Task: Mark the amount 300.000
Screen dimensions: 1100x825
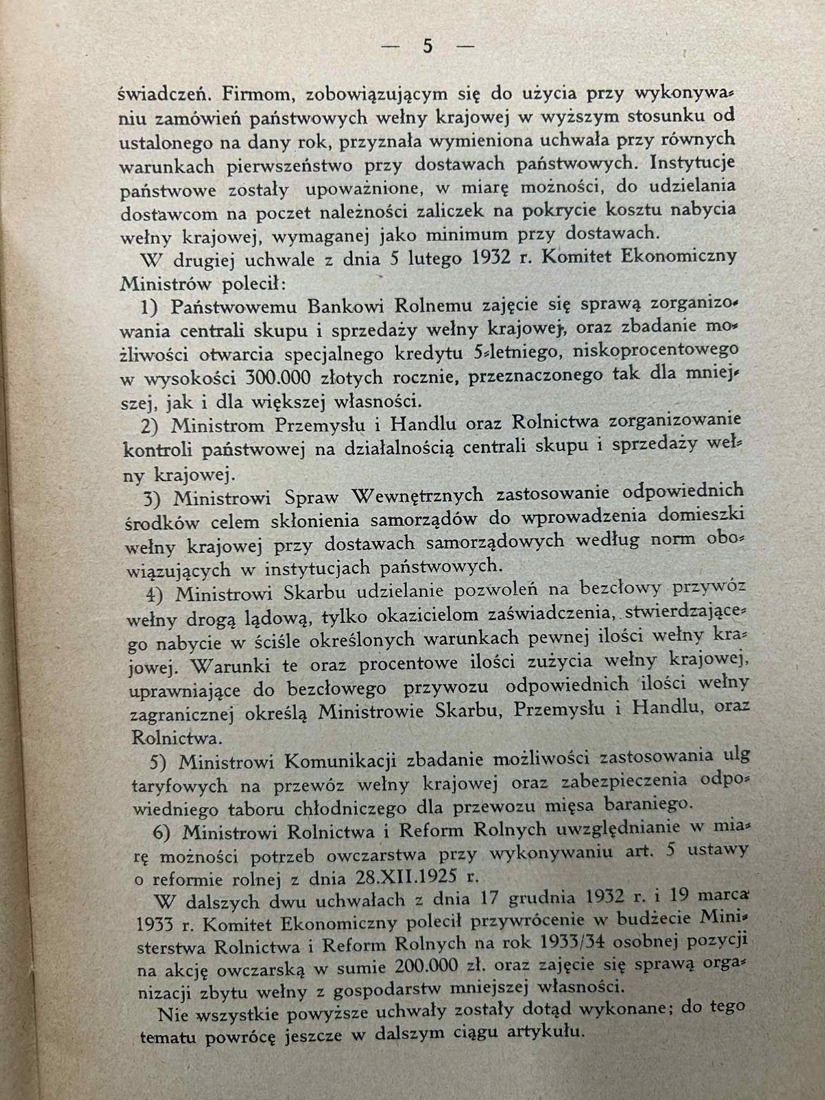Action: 277,378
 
